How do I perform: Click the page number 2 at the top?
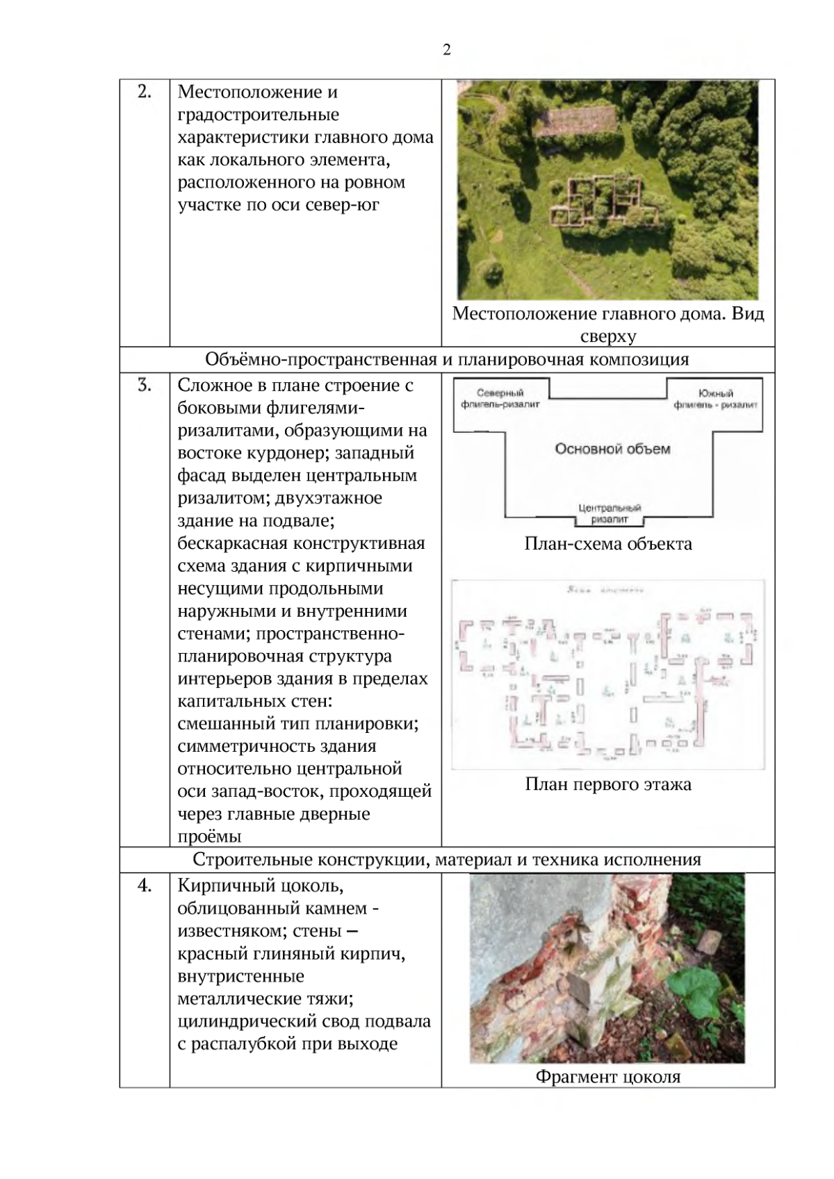[x=446, y=50]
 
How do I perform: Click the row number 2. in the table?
[x=144, y=92]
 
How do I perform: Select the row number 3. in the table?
[x=144, y=385]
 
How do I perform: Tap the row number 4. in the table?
[x=144, y=885]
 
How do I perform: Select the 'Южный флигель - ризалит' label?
[x=715, y=399]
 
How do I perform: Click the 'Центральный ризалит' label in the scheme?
[x=610, y=513]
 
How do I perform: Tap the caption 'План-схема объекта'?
[x=608, y=543]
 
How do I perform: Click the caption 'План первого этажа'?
[x=608, y=784]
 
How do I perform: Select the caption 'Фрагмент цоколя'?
[x=608, y=1077]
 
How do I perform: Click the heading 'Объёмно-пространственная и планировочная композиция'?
[x=447, y=359]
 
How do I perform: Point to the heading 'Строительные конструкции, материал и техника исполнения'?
[x=447, y=859]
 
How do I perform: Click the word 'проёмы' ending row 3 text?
[x=209, y=836]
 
